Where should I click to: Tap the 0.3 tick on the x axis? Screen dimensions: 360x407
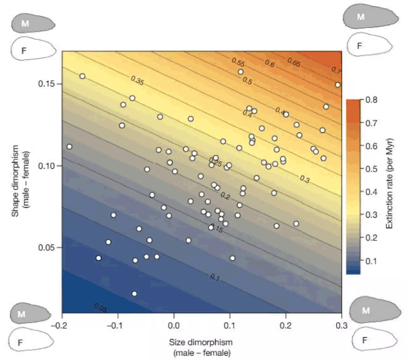click(x=342, y=325)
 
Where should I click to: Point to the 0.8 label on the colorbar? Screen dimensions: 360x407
click(x=370, y=100)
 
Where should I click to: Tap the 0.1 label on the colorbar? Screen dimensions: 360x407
click(x=370, y=261)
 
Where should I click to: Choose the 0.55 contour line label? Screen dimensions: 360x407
click(x=238, y=62)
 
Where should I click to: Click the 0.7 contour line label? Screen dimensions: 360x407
click(x=336, y=71)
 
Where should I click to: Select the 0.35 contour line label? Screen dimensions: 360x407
click(x=137, y=81)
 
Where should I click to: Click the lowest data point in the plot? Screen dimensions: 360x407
click(x=135, y=294)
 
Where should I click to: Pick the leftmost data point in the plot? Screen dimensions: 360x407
click(x=70, y=147)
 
